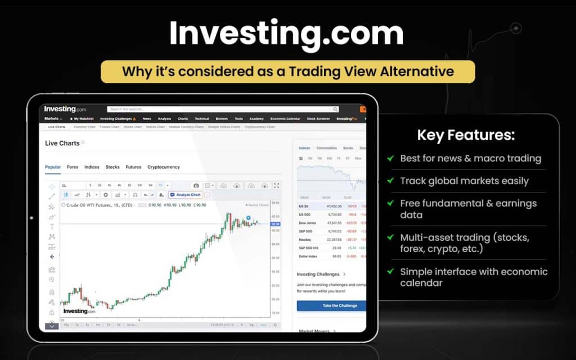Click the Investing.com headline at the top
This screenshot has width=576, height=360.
286,34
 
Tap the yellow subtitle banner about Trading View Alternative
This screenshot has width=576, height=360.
287,71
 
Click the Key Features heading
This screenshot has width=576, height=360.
466,135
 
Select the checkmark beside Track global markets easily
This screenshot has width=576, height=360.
390,181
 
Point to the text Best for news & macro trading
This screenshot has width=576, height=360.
470,159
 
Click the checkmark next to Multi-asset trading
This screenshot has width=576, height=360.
390,237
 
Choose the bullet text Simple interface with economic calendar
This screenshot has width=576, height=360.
474,277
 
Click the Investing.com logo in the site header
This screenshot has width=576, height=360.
65,109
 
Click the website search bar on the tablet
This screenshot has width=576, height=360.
223,109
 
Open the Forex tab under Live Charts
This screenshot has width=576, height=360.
73,167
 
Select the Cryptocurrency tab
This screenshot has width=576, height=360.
163,167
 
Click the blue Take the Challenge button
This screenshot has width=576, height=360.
331,305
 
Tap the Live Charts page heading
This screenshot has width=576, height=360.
62,143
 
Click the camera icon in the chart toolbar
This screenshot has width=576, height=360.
196,185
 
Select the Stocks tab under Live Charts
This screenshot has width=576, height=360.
112,167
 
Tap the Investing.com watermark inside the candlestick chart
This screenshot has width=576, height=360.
79,310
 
